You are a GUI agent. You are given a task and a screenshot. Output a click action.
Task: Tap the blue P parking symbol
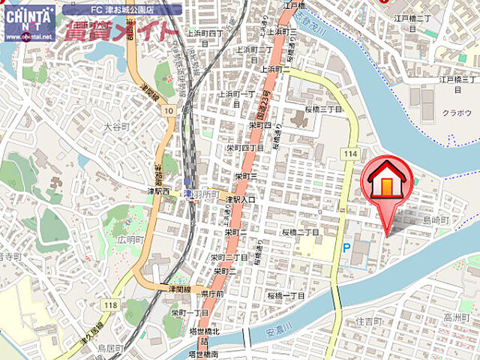click(346, 247)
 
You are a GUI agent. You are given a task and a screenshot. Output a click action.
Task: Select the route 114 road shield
click(349, 154)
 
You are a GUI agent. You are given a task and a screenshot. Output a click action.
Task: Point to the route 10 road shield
click(169, 111)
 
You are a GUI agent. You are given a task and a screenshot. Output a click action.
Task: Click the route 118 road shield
click(112, 304)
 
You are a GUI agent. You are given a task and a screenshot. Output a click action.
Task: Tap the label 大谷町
click(117, 127)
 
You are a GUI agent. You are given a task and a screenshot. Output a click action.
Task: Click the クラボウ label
click(456, 112)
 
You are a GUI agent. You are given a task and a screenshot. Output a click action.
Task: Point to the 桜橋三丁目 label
click(323, 109)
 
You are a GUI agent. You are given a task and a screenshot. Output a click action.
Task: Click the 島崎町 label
click(435, 220)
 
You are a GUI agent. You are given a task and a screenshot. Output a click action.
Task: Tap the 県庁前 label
click(212, 295)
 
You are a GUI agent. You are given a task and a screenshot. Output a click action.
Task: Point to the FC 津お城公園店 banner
click(122, 10)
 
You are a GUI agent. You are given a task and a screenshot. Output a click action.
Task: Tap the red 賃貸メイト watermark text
click(122, 31)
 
